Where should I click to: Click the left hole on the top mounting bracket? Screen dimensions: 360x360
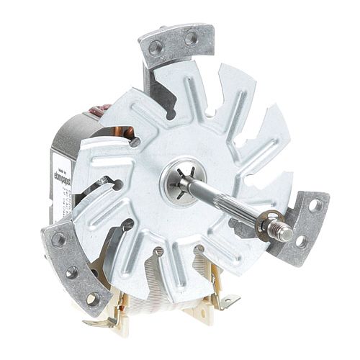click(x=156, y=48)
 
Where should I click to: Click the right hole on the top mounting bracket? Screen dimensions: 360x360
click(x=192, y=38)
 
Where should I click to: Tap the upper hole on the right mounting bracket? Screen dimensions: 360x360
click(x=315, y=206)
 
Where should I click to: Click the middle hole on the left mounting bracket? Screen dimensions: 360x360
click(x=72, y=271)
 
